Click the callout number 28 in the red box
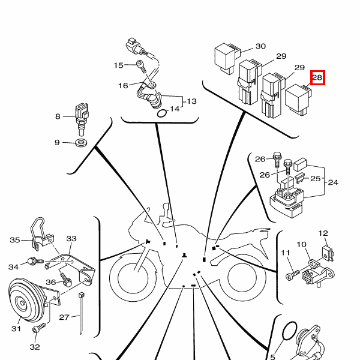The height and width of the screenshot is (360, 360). click(x=317, y=77)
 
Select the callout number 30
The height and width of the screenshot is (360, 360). click(x=260, y=46)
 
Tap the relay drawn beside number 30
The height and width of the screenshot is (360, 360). click(x=227, y=59)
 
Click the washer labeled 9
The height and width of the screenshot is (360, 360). click(x=81, y=143)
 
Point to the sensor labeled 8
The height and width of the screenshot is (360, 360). click(x=82, y=119)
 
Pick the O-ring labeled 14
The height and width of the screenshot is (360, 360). click(x=161, y=113)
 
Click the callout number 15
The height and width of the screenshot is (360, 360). click(x=118, y=65)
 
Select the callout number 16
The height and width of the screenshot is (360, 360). click(x=123, y=86)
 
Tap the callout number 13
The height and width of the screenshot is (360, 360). click(x=191, y=101)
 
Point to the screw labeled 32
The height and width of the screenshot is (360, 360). click(x=39, y=328)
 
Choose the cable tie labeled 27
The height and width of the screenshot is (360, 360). click(x=81, y=313)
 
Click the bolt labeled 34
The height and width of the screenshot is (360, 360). click(x=35, y=261)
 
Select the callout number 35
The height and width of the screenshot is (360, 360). click(x=15, y=240)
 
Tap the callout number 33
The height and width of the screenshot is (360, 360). click(x=71, y=239)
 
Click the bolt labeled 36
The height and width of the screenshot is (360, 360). click(x=66, y=280)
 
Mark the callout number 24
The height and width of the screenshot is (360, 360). click(x=333, y=182)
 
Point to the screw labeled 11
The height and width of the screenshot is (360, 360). click(x=293, y=275)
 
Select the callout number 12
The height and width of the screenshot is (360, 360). click(x=323, y=233)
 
